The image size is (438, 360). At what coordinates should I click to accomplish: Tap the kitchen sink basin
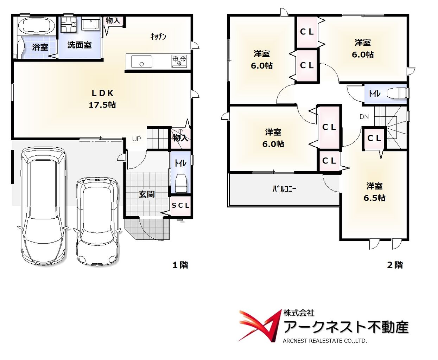pyautogui.click(x=142, y=62)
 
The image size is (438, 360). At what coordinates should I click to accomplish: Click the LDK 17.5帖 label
pyautogui.click(x=102, y=99)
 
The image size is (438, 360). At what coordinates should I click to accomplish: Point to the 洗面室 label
pyautogui.click(x=80, y=45)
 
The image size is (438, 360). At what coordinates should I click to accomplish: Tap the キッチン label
pyautogui.click(x=158, y=37)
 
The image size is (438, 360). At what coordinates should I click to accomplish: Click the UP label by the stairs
pyautogui.click(x=137, y=139)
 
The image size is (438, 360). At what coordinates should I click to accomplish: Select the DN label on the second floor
pyautogui.click(x=364, y=117)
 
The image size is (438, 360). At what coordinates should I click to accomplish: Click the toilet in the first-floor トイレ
pyautogui.click(x=181, y=183)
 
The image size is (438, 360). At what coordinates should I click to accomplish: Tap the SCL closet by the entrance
pyautogui.click(x=180, y=205)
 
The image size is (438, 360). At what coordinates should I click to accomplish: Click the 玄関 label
pyautogui.click(x=147, y=194)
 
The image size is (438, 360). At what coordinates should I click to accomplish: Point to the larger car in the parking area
pyautogui.click(x=43, y=206)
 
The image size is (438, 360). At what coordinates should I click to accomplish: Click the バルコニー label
pyautogui.click(x=284, y=189)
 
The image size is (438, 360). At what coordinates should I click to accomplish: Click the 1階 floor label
pyautogui.click(x=180, y=265)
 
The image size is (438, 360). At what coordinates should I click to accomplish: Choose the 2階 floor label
pyautogui.click(x=395, y=265)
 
